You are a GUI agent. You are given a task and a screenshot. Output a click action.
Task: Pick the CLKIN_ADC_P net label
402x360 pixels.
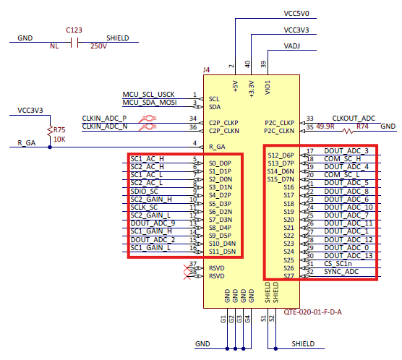point(104,118)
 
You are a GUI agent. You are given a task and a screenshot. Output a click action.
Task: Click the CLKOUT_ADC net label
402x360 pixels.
point(354,118)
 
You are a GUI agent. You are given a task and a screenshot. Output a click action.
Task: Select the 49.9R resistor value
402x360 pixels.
point(325,127)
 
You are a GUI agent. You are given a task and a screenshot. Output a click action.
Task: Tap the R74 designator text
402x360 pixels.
point(363,127)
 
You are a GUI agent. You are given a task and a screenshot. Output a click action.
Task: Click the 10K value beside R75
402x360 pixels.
point(60,139)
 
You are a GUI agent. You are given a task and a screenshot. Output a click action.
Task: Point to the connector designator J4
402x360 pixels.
point(207,70)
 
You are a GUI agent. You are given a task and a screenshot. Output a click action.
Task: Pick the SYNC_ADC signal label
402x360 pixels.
point(341,271)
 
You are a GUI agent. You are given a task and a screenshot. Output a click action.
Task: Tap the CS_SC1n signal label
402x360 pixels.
point(338,263)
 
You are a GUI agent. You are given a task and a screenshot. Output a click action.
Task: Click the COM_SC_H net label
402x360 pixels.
point(342,159)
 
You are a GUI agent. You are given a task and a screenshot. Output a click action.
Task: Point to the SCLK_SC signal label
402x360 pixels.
point(144,207)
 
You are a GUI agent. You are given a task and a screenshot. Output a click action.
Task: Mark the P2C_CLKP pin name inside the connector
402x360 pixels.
point(279,123)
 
